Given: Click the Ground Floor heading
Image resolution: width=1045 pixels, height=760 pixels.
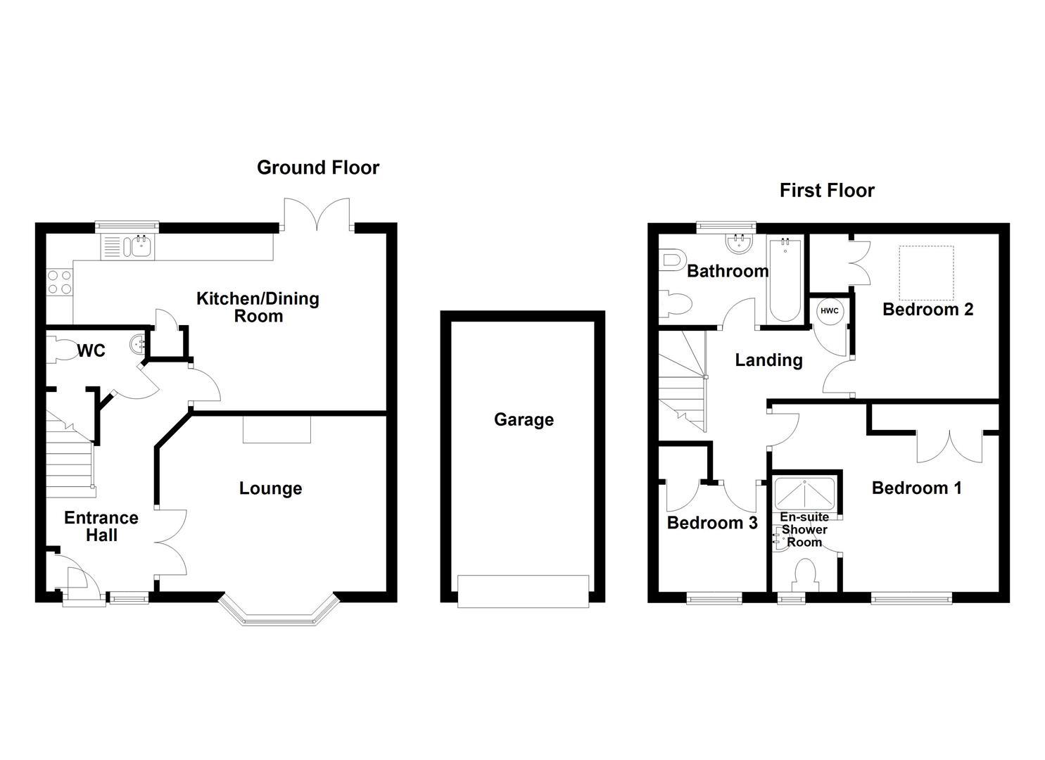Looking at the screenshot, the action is click(317, 167).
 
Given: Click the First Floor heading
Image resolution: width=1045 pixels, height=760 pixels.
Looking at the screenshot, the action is click(827, 190).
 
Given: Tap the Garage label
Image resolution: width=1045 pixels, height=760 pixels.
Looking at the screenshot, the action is click(524, 419).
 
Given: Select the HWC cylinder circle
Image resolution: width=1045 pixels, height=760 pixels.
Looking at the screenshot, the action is click(829, 311).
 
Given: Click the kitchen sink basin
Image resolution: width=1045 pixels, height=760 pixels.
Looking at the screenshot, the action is click(142, 246).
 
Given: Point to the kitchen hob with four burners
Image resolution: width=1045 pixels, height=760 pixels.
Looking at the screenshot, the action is click(60, 283).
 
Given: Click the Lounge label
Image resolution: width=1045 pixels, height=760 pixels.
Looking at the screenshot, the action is click(271, 488).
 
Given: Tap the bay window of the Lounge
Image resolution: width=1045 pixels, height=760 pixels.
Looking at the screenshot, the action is click(279, 612).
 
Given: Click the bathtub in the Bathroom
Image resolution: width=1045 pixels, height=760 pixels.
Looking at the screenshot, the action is click(785, 280).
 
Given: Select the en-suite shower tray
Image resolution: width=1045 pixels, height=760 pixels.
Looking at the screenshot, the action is click(804, 493).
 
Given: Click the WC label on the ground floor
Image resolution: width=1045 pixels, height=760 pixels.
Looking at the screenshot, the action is click(91, 350).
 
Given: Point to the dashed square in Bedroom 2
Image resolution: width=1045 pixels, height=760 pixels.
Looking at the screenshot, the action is click(926, 273).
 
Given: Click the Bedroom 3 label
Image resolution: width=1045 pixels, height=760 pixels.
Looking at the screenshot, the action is click(712, 523).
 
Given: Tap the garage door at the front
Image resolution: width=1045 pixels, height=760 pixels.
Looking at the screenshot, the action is click(523, 592).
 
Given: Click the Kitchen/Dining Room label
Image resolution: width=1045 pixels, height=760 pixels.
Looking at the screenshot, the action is click(258, 307).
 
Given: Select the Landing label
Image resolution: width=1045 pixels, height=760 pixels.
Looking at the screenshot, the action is click(769, 360).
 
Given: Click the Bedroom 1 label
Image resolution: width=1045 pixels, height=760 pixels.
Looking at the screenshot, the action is click(917, 488).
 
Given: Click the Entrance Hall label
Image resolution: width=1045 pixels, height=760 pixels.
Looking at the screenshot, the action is click(101, 526).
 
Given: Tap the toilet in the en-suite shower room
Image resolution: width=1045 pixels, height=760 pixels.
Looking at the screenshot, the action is click(804, 576).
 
